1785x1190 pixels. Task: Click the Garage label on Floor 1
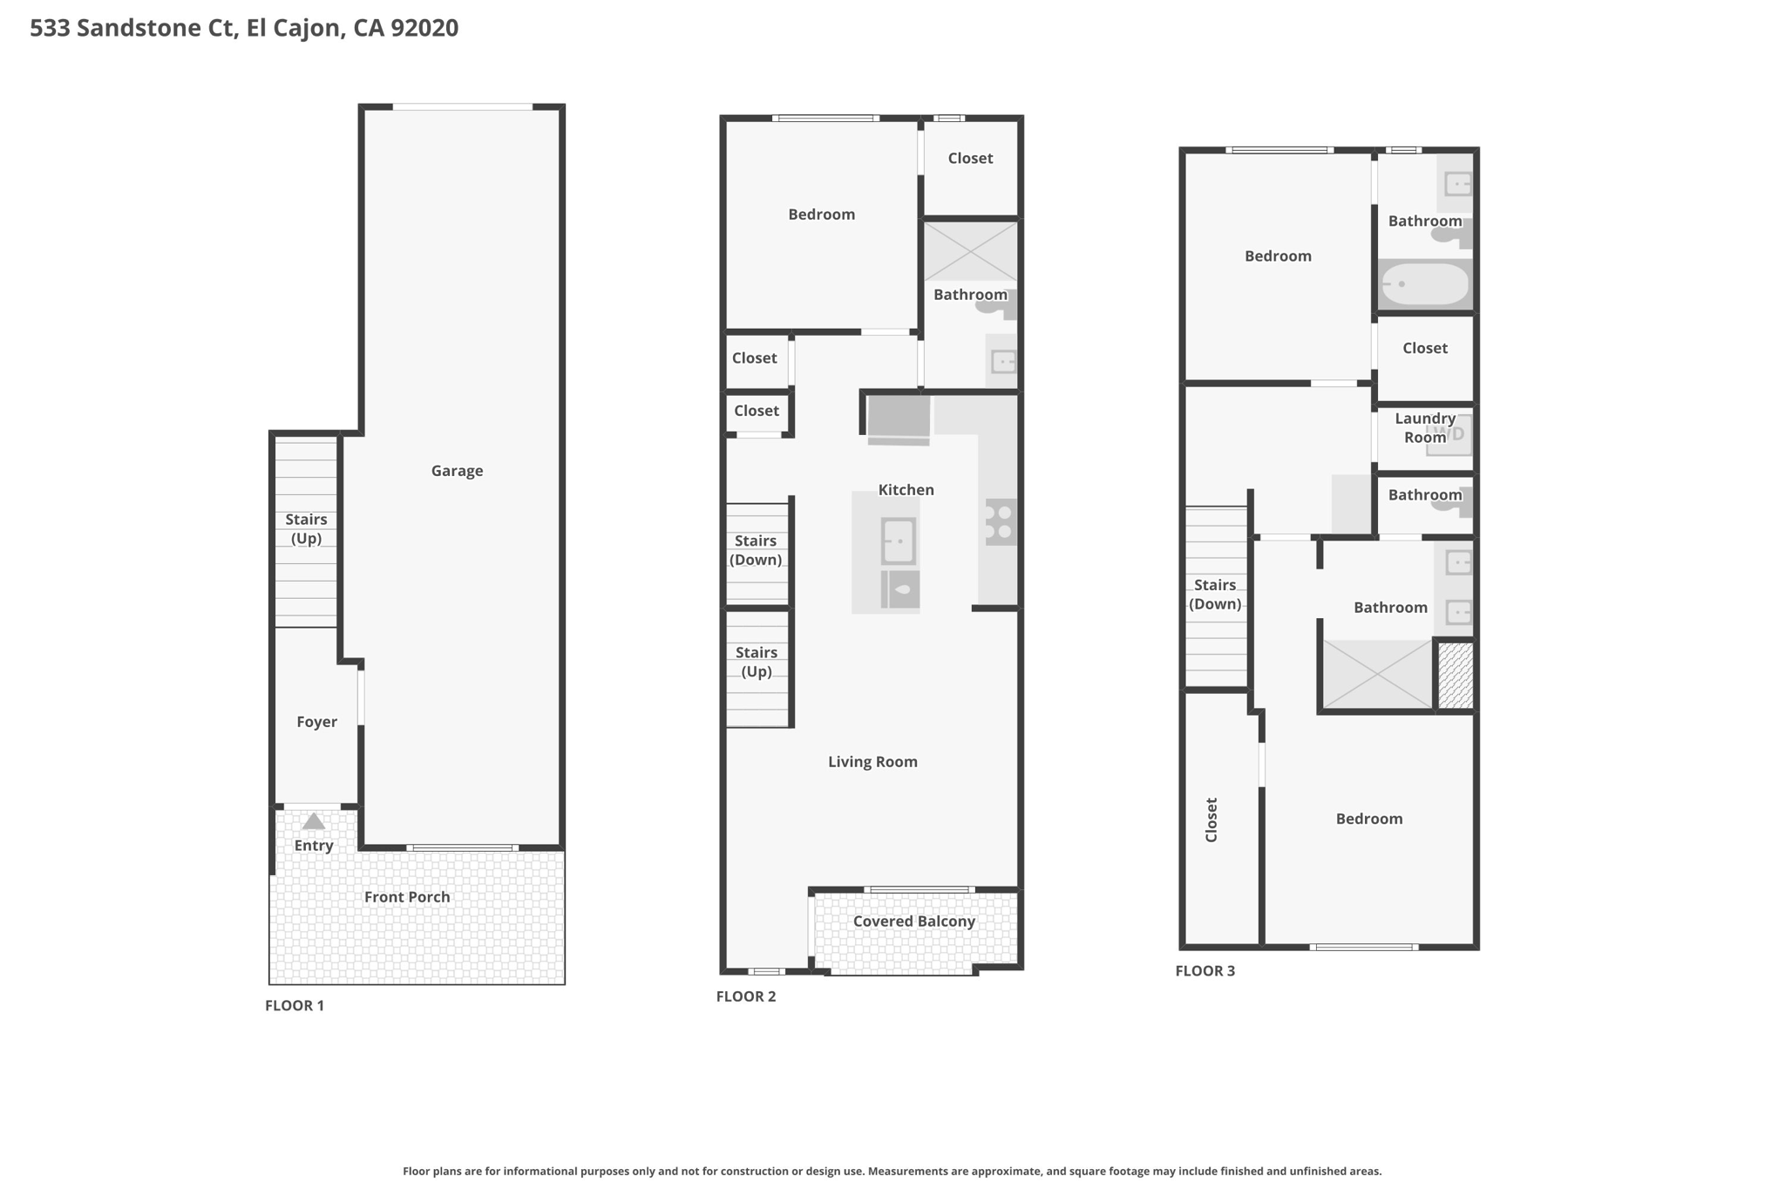point(457,471)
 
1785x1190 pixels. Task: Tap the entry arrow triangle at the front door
point(314,821)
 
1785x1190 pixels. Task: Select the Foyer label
point(316,722)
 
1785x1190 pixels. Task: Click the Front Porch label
point(407,897)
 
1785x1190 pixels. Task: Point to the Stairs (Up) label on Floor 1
point(306,529)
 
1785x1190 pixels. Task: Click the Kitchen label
point(906,490)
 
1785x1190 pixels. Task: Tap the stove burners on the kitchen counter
point(1001,522)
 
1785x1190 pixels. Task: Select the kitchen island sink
point(898,541)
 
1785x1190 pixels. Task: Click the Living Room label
point(872,762)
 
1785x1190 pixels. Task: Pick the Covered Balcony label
point(913,921)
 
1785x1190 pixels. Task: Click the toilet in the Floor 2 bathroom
point(997,303)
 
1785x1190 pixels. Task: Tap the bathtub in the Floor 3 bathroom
point(1425,284)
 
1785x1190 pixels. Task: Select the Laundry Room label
point(1425,428)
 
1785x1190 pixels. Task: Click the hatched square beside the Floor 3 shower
point(1455,676)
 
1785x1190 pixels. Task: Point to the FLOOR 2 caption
point(746,996)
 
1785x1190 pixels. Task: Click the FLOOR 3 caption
point(1205,971)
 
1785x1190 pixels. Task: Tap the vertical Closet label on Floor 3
point(1211,819)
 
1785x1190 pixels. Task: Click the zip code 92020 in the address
point(424,28)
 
